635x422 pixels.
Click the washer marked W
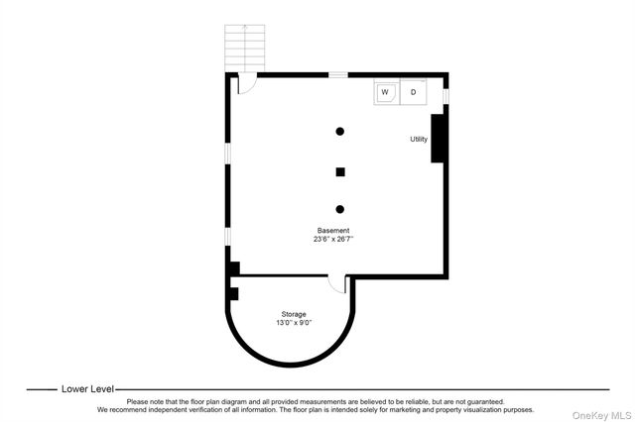(x=385, y=93)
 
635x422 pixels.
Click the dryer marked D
(x=414, y=93)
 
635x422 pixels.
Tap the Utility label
(x=419, y=139)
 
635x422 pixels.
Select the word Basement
(x=332, y=230)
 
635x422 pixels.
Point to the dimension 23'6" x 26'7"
(x=333, y=239)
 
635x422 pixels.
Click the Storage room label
(x=292, y=314)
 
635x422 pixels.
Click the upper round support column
(x=340, y=131)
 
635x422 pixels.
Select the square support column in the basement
(x=340, y=171)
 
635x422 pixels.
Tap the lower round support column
(x=340, y=209)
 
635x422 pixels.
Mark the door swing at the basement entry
(x=246, y=85)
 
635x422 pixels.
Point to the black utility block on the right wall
(x=437, y=138)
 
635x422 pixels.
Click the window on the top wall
(x=338, y=74)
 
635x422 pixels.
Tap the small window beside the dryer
(x=445, y=95)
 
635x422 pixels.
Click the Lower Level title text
(x=88, y=389)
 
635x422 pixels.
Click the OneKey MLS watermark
(x=600, y=414)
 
